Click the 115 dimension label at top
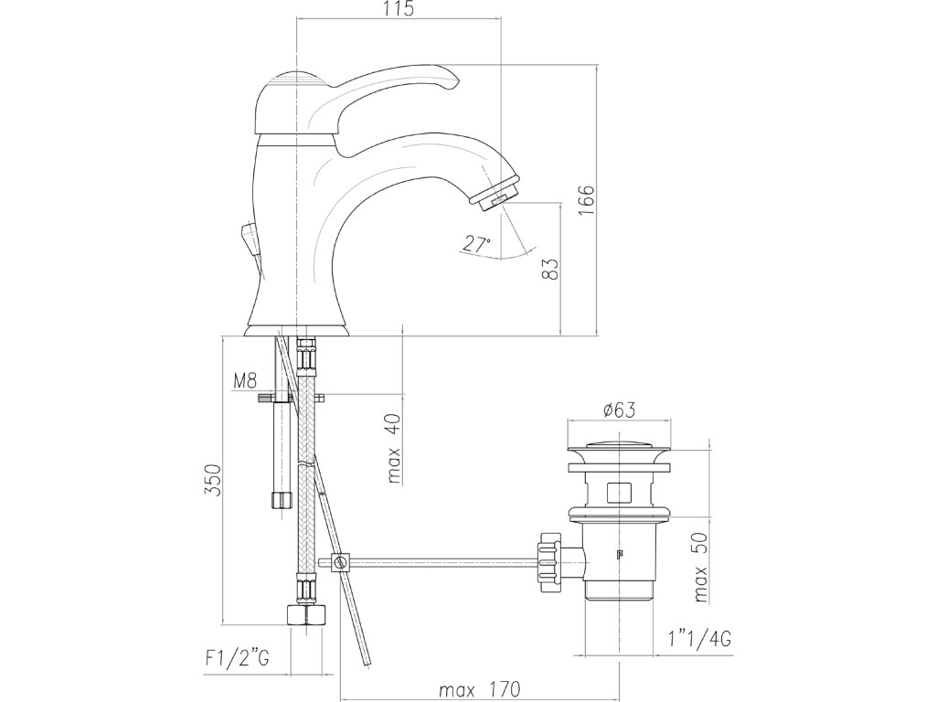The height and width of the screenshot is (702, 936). coord(399,9)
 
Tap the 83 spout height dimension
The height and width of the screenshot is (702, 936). coord(551,269)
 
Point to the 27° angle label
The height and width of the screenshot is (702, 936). coord(476,243)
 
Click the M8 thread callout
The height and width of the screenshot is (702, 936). coord(245,381)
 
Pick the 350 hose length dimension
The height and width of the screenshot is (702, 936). coord(212,480)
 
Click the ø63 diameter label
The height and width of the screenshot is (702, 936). coord(619,410)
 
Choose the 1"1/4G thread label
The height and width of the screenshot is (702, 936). coord(700,639)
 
